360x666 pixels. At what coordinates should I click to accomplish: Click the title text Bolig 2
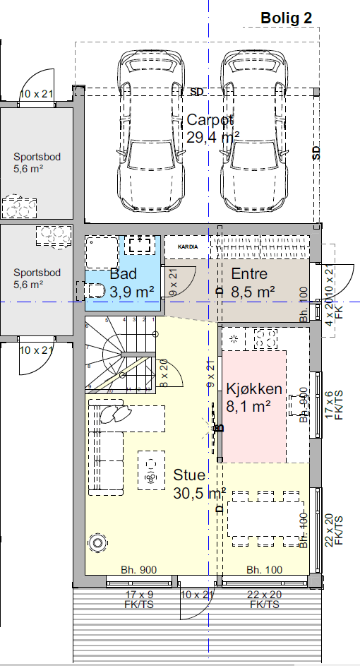[x=286, y=18]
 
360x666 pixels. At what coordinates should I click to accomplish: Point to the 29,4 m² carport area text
[x=213, y=138]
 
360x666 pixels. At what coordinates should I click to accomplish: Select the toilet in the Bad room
[x=95, y=290]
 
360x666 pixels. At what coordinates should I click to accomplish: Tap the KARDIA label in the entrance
[x=187, y=246]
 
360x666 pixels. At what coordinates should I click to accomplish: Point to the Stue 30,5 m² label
[x=199, y=484]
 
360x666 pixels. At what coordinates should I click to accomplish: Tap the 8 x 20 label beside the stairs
[x=164, y=374]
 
